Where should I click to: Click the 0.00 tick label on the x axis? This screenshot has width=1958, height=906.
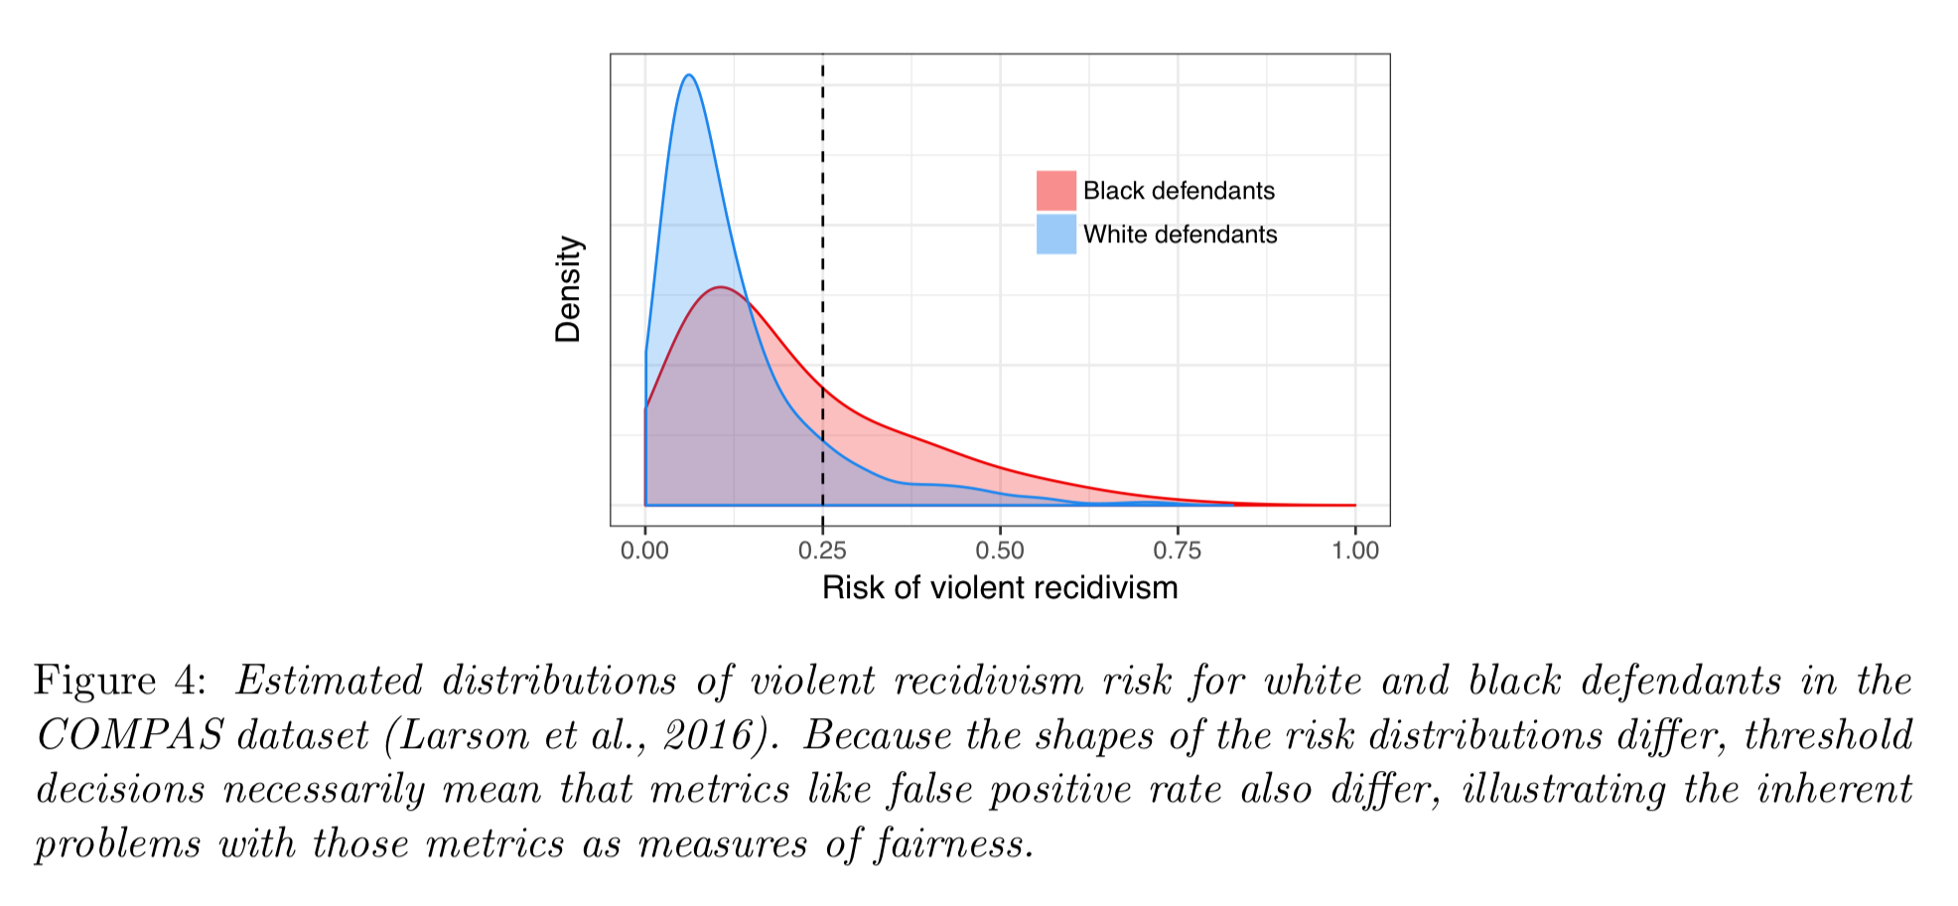(644, 550)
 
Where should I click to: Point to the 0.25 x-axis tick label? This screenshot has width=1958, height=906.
(822, 550)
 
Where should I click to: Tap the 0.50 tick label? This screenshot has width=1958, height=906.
(1000, 550)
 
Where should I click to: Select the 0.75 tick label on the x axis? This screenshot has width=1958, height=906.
(1178, 550)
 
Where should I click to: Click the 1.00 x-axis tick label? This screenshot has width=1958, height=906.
(1355, 550)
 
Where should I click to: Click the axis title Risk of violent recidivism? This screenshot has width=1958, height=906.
(1000, 588)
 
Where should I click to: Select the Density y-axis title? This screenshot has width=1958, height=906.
(568, 289)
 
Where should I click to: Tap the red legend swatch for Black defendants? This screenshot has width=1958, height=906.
(1055, 191)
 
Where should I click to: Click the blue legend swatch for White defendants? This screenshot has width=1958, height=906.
(1055, 234)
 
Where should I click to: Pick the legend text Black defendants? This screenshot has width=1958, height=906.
(1179, 191)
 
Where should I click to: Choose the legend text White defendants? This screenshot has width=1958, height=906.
(1180, 234)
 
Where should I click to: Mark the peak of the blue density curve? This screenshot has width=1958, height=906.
(688, 75)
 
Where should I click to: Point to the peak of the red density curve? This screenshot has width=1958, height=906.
(719, 288)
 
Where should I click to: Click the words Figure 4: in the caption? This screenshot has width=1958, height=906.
(120, 681)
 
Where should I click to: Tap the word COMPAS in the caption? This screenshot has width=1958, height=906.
(129, 736)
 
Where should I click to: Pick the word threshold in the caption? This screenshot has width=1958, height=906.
(1828, 736)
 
